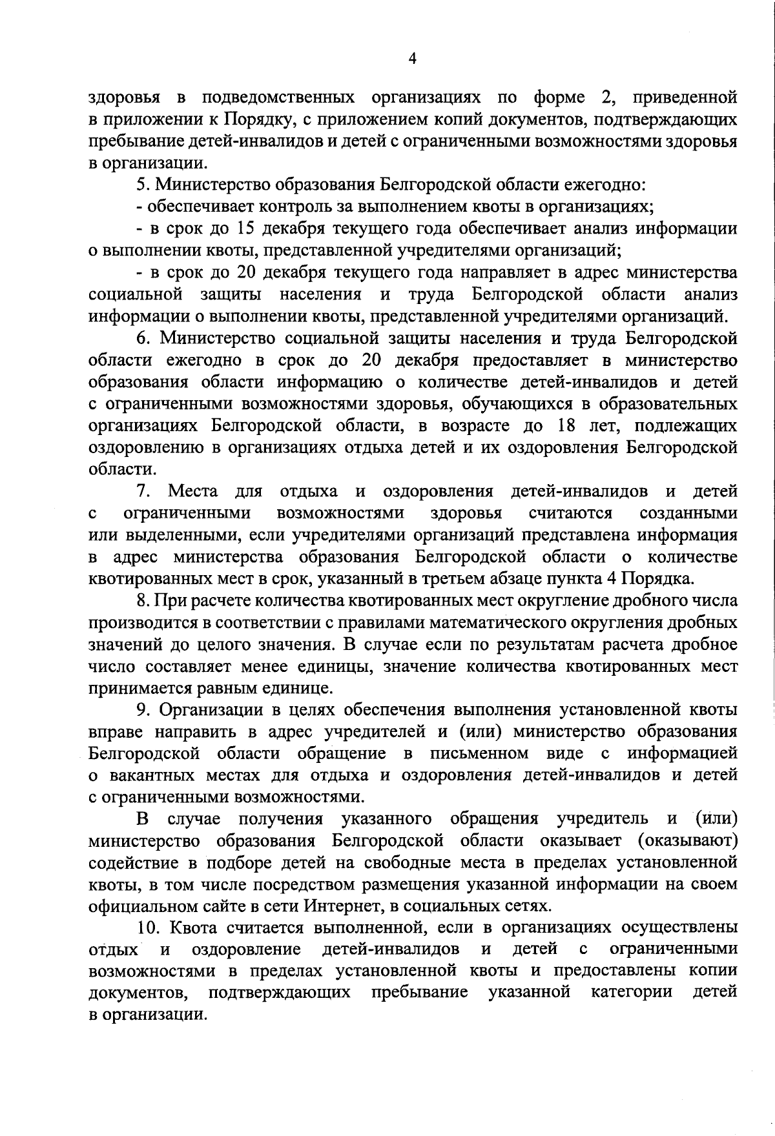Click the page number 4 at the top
click(x=413, y=59)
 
